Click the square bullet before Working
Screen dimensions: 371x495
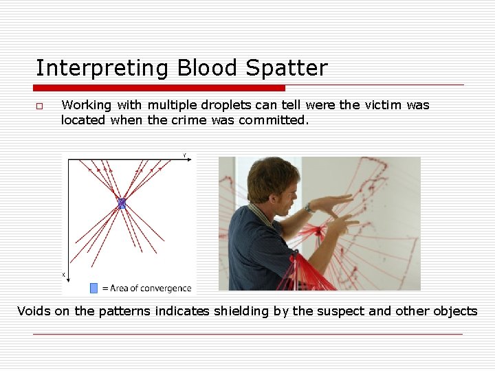[40, 106]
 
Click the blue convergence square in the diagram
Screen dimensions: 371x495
[122, 203]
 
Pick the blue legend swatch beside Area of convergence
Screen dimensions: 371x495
[94, 288]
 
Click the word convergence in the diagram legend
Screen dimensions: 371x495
[167, 288]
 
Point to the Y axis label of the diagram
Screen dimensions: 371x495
[184, 156]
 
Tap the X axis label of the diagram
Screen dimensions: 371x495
[64, 274]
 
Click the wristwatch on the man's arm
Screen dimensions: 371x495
[309, 207]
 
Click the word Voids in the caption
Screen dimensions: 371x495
[34, 311]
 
